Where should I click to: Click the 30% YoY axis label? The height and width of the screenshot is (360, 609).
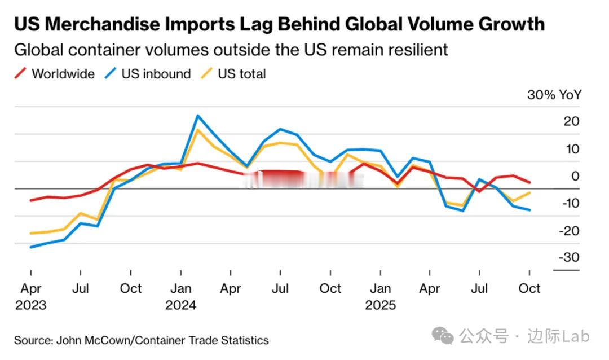point(554,95)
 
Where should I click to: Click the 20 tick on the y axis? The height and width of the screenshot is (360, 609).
point(571,122)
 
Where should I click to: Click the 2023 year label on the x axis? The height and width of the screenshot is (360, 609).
point(30,305)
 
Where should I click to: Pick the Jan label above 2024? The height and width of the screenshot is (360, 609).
point(180,288)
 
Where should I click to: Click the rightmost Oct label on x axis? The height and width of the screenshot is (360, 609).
point(529,288)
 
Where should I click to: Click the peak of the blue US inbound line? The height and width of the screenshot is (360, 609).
point(197,116)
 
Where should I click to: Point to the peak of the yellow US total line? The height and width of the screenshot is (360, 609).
point(197,130)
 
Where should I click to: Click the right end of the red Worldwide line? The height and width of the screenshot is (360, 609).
point(529,182)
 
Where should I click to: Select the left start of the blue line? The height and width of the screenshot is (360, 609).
point(30,247)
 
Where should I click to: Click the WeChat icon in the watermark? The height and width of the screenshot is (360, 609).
point(443,337)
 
